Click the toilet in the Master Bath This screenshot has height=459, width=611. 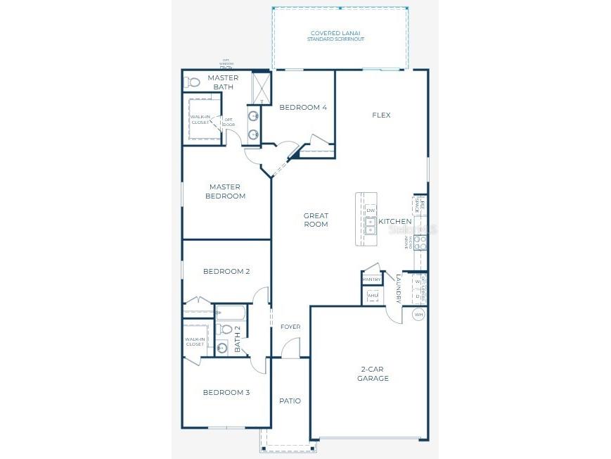click(192, 82)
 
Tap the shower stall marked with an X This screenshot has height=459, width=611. click(262, 88)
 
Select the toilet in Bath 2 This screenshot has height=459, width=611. click(224, 329)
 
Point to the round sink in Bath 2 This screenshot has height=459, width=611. click(222, 346)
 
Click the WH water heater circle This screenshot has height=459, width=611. click(418, 315)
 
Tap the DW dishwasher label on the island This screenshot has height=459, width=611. click(371, 210)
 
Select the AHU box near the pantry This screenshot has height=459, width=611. click(372, 296)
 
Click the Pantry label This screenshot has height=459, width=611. click(371, 279)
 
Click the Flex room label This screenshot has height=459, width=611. click(381, 115)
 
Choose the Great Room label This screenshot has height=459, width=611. click(316, 220)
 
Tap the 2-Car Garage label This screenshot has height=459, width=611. click(375, 374)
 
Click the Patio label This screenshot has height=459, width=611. click(290, 401)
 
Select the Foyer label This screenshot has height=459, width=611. click(290, 327)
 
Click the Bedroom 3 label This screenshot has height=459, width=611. click(226, 393)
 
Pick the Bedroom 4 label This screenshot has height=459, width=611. click(303, 107)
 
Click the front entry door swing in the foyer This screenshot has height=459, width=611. click(291, 348)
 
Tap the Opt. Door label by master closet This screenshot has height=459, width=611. click(229, 122)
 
